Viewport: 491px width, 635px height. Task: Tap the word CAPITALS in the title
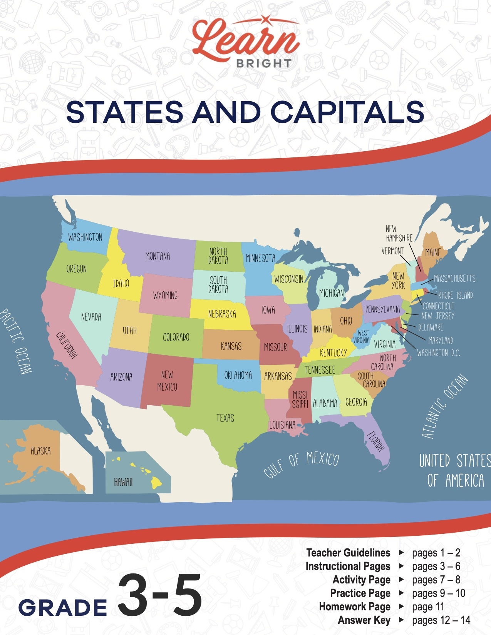(347, 112)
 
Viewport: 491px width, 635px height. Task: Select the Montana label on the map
(158, 256)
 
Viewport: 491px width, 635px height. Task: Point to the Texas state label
(225, 418)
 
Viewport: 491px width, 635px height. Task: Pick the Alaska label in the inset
(40, 451)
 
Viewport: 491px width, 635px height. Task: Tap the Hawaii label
(123, 482)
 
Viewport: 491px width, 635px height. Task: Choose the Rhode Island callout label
(455, 296)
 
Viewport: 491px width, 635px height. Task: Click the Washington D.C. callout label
(438, 353)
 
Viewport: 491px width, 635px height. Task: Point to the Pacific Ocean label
(16, 341)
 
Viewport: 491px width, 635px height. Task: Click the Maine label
(432, 252)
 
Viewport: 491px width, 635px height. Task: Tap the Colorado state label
(176, 338)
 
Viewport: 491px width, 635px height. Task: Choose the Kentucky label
(333, 353)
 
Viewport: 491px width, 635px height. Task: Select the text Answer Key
(364, 620)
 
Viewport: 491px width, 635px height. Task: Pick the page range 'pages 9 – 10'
(438, 593)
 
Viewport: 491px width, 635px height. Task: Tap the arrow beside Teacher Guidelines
(401, 553)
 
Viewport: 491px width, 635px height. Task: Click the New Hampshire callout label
(399, 234)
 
